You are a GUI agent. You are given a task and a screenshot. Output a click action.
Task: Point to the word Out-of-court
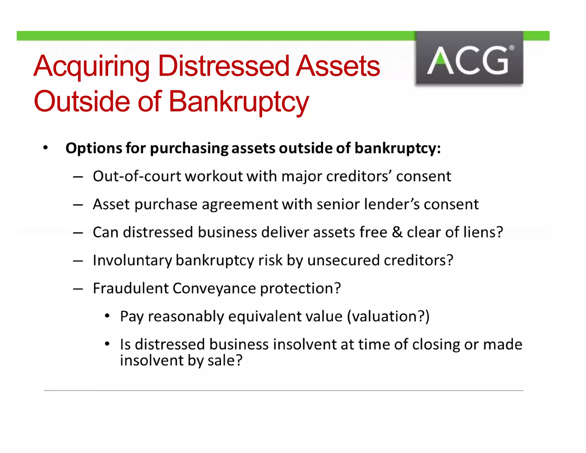(137, 176)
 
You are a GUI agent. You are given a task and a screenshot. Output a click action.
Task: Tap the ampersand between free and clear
(397, 232)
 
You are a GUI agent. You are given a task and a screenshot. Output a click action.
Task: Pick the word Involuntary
(132, 260)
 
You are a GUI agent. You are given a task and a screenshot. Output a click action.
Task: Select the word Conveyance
(214, 288)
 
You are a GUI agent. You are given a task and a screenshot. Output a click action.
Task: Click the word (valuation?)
(388, 316)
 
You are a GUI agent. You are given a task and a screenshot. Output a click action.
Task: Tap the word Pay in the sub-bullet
(132, 317)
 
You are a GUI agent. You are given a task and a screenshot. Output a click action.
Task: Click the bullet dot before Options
(45, 148)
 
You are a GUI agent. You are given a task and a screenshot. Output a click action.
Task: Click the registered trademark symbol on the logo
(512, 48)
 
